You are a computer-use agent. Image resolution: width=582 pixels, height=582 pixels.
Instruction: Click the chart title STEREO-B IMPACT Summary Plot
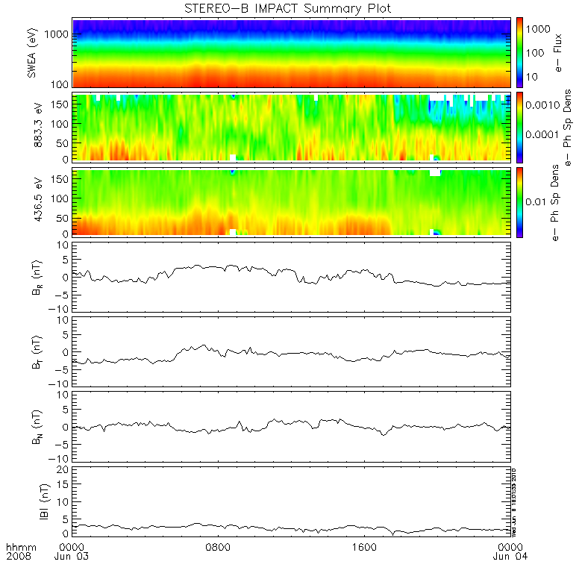point(287,8)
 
